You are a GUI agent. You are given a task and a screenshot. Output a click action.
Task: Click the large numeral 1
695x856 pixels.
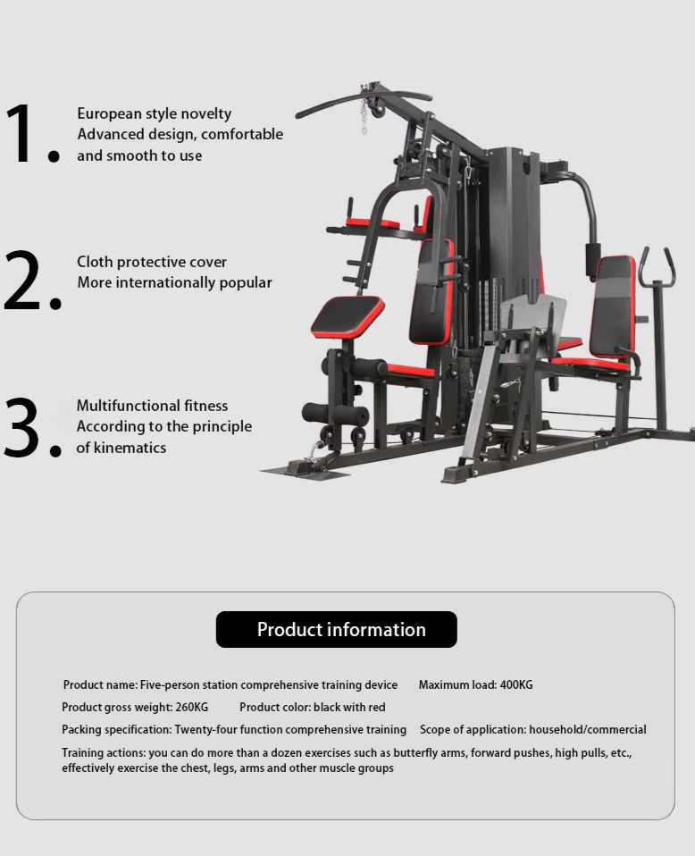pos(19,134)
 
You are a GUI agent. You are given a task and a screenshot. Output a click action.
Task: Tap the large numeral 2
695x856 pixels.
pos(23,281)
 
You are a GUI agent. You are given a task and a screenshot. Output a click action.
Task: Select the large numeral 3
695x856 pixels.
pos(24,426)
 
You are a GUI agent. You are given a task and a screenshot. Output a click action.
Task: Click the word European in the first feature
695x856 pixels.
pos(109,114)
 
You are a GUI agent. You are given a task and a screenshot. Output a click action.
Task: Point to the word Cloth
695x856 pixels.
pos(95,262)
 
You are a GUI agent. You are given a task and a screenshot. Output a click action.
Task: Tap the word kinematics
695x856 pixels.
pos(130,448)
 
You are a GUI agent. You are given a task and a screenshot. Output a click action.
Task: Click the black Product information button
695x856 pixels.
pos(336,629)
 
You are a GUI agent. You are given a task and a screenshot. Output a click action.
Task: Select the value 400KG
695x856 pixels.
pos(516,684)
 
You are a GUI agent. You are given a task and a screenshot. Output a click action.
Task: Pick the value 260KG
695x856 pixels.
pos(192,707)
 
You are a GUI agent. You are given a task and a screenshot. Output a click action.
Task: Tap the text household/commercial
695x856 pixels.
pos(588,729)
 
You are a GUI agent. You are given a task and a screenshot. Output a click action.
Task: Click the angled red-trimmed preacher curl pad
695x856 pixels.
pos(347,316)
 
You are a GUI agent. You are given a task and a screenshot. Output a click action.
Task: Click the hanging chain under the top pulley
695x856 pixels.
pos(364,117)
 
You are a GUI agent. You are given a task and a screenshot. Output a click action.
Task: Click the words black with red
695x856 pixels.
pos(349,707)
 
